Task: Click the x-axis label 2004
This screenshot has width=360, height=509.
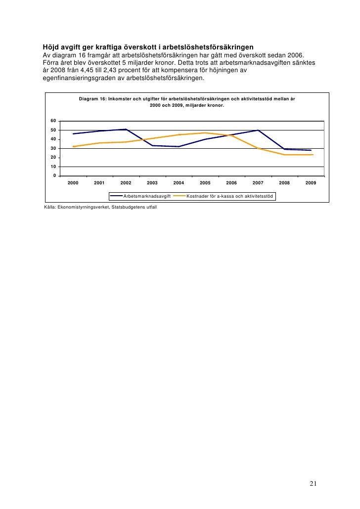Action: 179,183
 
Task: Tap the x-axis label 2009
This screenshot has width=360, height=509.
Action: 311,183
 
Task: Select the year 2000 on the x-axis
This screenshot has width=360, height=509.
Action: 73,183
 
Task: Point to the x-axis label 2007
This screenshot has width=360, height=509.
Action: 258,183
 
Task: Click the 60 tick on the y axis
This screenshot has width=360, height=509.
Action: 53,121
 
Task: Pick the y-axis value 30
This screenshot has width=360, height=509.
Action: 53,149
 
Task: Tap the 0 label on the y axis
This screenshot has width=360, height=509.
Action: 54,176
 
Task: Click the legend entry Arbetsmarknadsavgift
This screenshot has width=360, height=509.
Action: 147,197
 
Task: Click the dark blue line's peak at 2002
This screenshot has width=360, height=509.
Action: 126,129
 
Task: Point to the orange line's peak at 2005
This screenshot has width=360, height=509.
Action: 205,133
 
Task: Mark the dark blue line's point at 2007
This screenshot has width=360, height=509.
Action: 258,130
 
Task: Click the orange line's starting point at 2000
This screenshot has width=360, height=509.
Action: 73,146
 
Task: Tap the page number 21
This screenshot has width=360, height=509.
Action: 313,483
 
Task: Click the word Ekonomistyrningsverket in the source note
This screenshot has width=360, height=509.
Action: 86,207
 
